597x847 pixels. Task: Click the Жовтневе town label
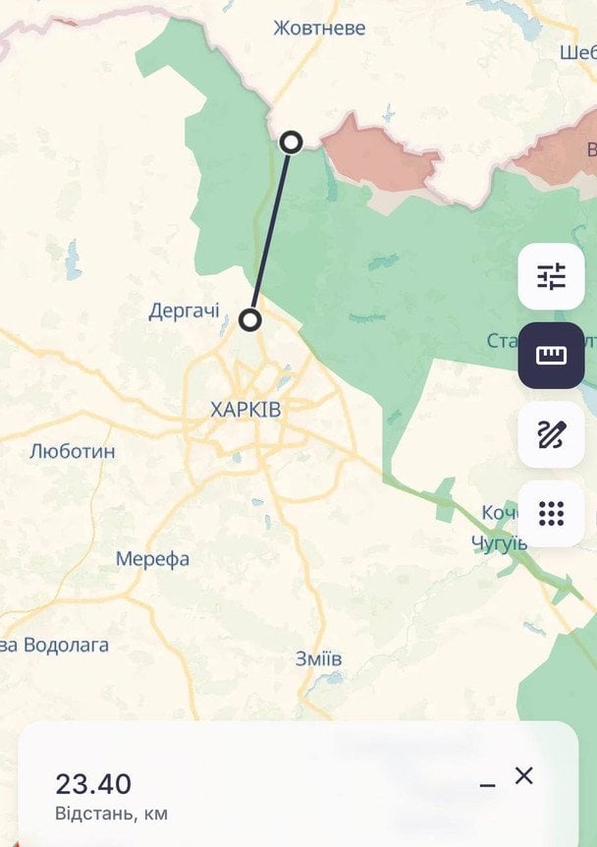coord(319,28)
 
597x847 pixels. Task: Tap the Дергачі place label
coord(184,311)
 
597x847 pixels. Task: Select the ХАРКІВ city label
coord(244,410)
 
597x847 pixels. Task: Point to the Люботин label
coord(72,452)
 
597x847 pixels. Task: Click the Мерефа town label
coord(152,559)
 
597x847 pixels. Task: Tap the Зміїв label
coord(318,658)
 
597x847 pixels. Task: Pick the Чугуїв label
coord(499,543)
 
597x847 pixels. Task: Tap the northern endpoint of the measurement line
coord(291,142)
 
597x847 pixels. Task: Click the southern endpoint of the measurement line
coord(250,320)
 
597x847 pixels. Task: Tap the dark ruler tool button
coord(551,355)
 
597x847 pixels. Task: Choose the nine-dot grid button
coord(551,513)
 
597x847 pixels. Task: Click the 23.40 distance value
coord(93,784)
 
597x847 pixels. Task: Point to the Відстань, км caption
coord(111,814)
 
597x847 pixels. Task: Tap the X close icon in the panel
coord(524,775)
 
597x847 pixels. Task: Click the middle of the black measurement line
coord(271,231)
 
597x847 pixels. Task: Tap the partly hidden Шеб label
coord(577,51)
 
